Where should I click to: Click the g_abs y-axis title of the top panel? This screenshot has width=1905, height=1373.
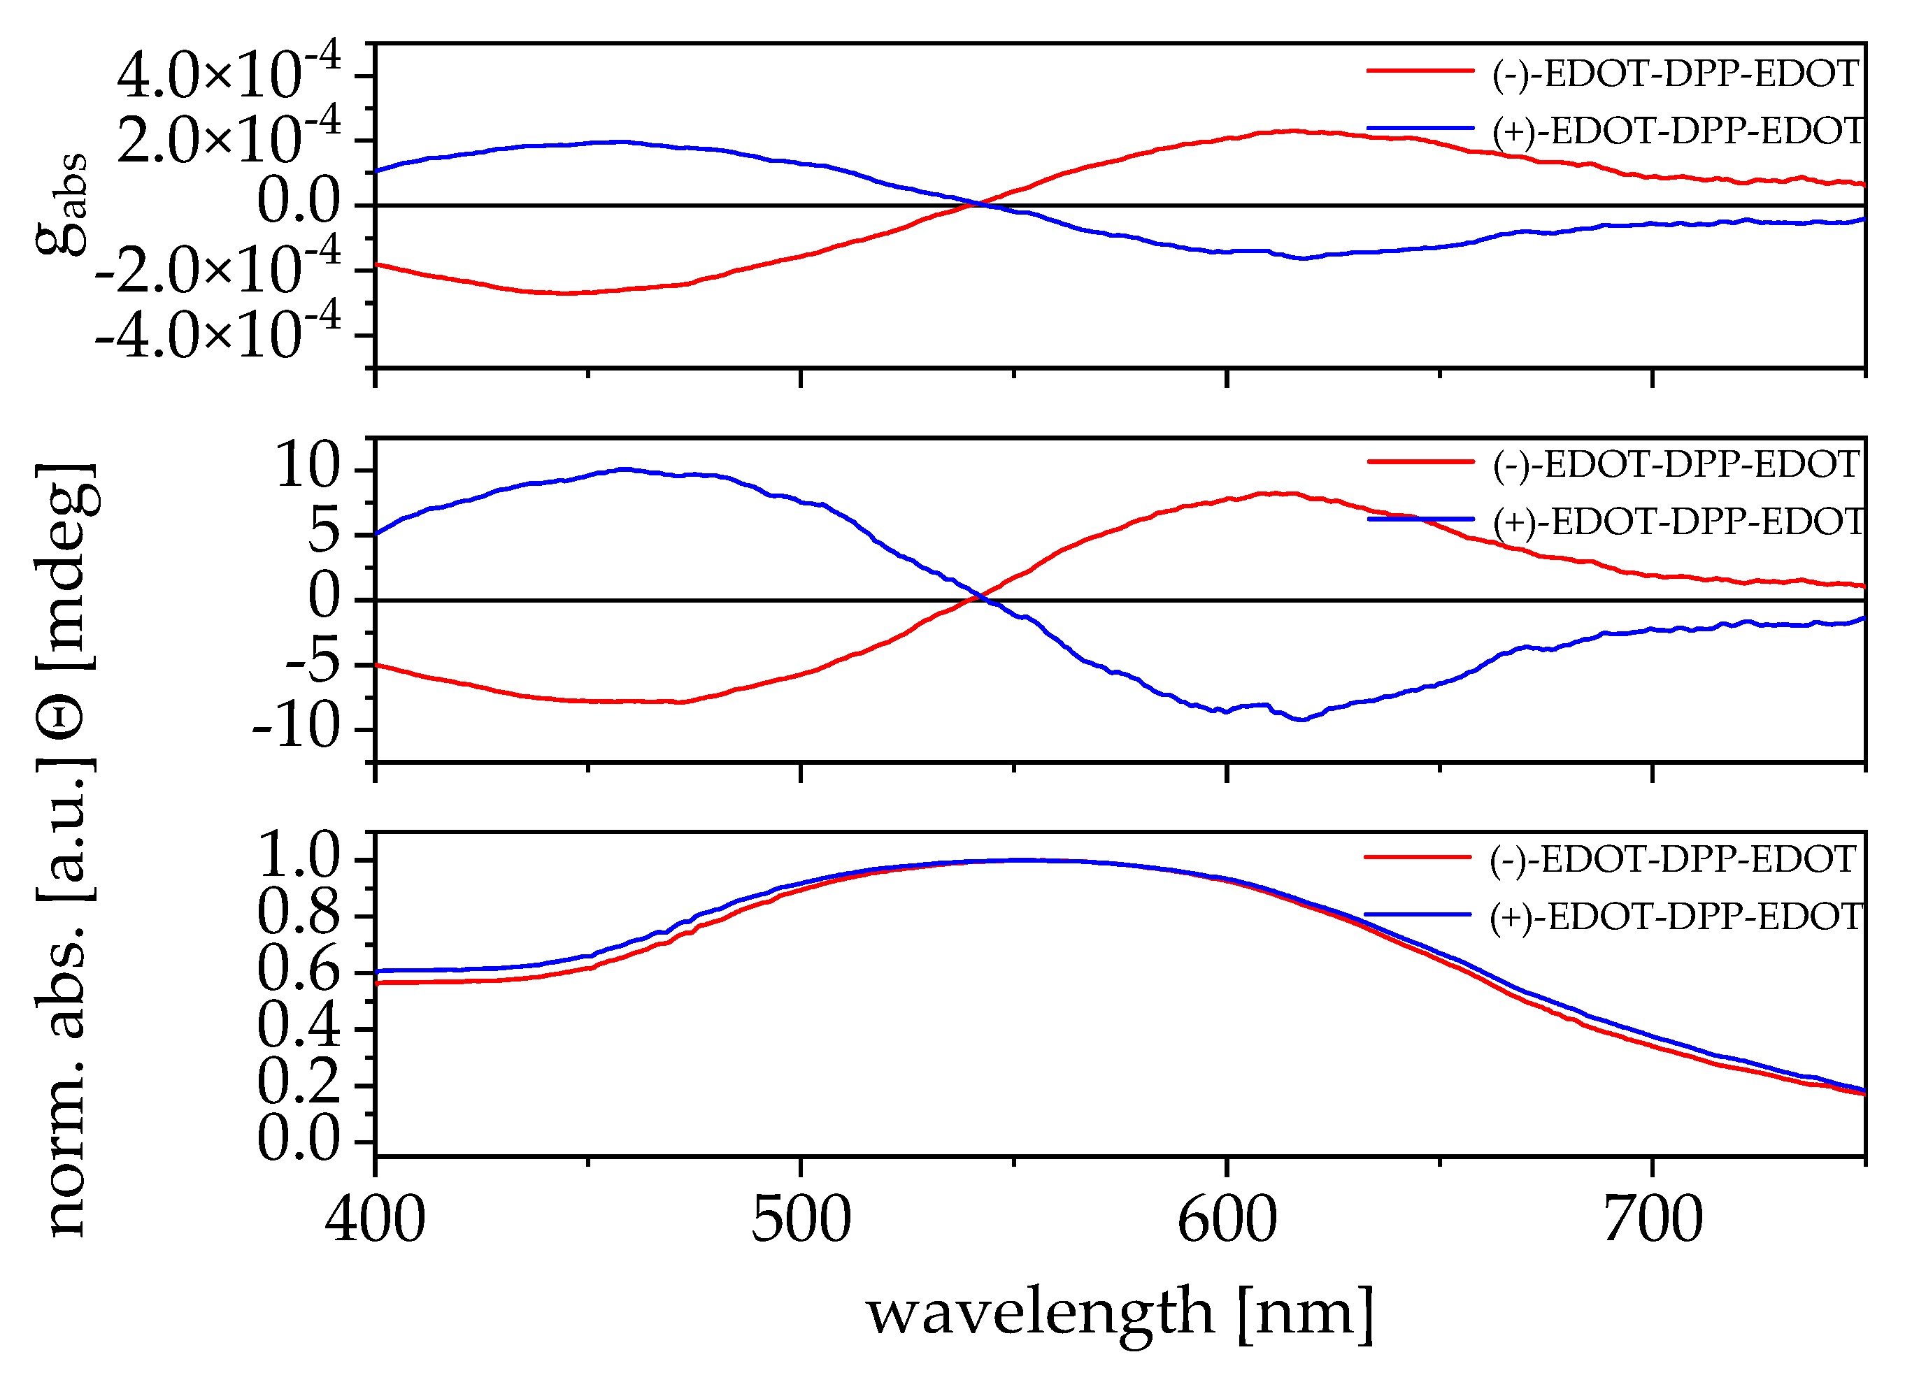click(x=63, y=203)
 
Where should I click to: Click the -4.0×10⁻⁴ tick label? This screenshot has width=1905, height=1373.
click(x=218, y=333)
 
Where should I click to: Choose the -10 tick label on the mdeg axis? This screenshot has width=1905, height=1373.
click(x=296, y=727)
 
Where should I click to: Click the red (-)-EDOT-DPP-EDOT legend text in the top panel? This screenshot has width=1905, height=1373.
click(x=1675, y=74)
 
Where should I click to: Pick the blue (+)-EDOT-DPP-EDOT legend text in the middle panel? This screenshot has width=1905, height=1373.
click(x=1678, y=522)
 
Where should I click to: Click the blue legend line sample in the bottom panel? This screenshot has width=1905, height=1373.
click(x=1418, y=914)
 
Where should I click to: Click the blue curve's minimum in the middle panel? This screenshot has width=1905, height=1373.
click(x=1301, y=719)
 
